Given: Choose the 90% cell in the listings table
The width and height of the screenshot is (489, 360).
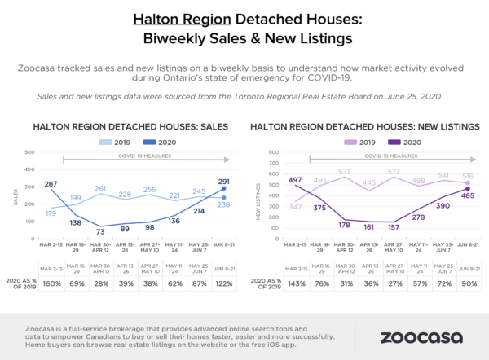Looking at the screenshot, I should (468, 283).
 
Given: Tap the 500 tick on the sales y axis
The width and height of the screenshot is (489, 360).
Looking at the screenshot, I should (29, 152).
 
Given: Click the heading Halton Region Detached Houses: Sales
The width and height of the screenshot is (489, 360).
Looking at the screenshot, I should (130, 126).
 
